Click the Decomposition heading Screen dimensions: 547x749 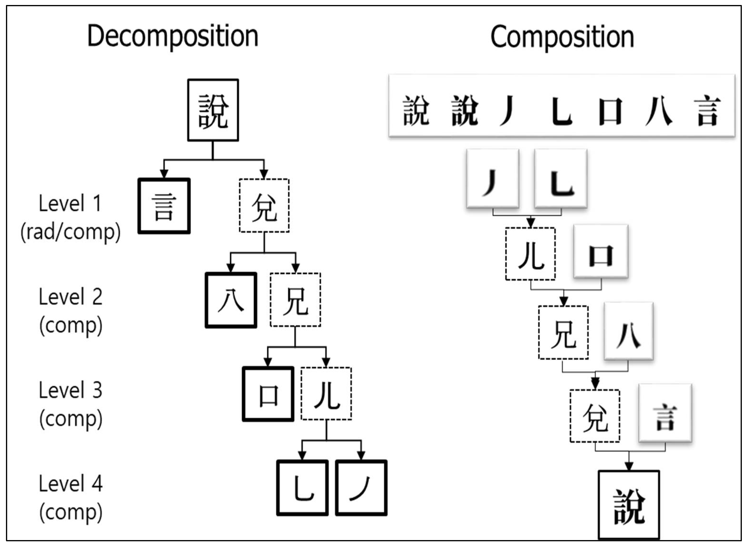(x=172, y=37)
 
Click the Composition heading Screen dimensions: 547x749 (x=562, y=37)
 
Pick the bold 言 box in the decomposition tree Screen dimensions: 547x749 (x=164, y=206)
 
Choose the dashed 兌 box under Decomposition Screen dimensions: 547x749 (x=264, y=206)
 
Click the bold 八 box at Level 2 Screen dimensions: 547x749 (x=231, y=300)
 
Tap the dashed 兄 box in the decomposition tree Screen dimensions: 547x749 (x=295, y=300)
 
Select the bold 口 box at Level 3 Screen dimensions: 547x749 (x=268, y=394)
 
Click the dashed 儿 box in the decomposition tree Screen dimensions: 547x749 (x=326, y=394)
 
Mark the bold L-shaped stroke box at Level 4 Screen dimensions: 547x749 (x=302, y=488)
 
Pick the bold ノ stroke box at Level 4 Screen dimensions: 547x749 (x=361, y=488)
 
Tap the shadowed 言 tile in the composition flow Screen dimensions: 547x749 (x=665, y=413)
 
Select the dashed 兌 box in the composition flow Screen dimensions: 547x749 (x=595, y=416)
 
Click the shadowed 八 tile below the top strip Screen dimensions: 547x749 (x=628, y=331)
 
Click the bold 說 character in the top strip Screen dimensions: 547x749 (x=465, y=111)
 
